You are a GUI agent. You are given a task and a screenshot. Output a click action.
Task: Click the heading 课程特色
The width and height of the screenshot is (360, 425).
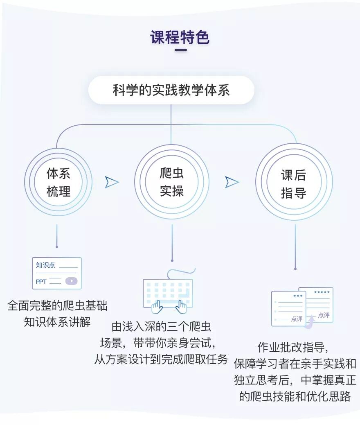point(180,37)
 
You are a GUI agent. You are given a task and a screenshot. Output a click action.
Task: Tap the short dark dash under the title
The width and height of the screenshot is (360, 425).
point(180,50)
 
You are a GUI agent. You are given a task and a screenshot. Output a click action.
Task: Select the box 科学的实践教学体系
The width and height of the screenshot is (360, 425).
point(171,90)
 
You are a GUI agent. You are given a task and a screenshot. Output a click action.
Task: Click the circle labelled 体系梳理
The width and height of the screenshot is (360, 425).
point(58,182)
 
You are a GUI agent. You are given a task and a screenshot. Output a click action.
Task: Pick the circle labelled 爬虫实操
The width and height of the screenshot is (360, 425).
point(171,182)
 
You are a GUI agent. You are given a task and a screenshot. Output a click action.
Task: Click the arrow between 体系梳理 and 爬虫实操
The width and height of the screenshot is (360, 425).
point(111,182)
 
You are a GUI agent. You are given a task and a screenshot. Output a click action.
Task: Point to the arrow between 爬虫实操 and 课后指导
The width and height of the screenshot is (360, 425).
point(232,182)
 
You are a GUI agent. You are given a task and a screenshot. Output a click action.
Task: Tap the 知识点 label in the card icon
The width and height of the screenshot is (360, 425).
point(45,265)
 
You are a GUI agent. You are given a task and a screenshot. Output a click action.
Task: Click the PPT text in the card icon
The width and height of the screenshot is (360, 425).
point(41,281)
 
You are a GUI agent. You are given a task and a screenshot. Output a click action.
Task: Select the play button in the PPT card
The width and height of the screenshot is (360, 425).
point(71,281)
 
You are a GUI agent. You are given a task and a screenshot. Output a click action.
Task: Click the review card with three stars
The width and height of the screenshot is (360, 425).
point(288,308)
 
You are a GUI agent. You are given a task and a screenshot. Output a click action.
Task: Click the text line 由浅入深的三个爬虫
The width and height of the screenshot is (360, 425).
point(161,327)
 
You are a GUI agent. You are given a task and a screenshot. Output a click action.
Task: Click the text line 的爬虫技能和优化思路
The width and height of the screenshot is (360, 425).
point(295,396)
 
